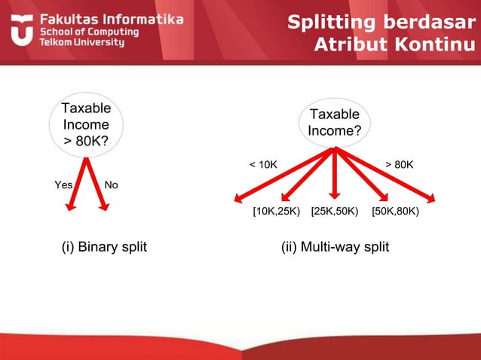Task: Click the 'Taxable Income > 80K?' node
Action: click(x=85, y=125)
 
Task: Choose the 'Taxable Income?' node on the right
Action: click(x=335, y=123)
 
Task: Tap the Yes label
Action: click(x=63, y=185)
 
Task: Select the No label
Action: click(x=111, y=185)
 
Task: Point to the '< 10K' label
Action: click(x=263, y=164)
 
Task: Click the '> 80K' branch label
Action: click(x=399, y=164)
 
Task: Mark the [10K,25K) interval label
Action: click(x=276, y=212)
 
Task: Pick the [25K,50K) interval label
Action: click(x=334, y=212)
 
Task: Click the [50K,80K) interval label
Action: click(x=395, y=212)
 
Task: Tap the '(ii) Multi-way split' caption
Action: click(x=334, y=247)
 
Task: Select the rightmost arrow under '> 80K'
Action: click(x=392, y=178)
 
